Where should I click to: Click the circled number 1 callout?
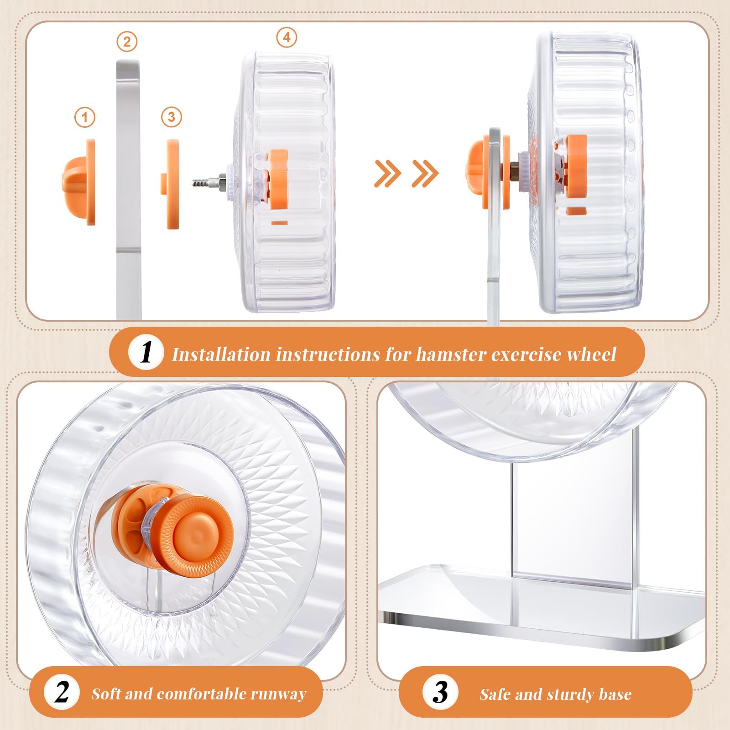85,118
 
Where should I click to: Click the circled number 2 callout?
127,42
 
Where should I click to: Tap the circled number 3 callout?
172,117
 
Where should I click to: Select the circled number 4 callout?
287,37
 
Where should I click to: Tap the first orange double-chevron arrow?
387,173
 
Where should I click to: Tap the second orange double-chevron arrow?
425,173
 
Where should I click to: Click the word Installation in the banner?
221,355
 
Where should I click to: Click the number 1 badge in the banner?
146,352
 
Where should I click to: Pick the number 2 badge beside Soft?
62,693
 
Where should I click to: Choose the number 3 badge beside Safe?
440,693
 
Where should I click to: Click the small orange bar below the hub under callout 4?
279,223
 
